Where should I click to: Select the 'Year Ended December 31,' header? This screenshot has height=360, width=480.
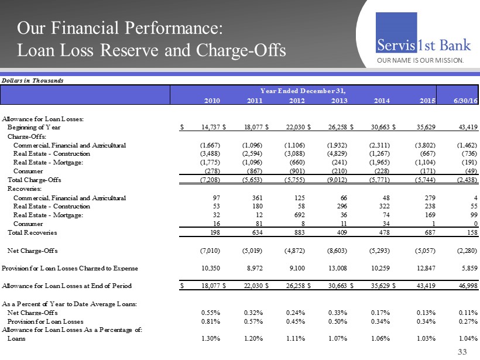(x=303, y=91)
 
